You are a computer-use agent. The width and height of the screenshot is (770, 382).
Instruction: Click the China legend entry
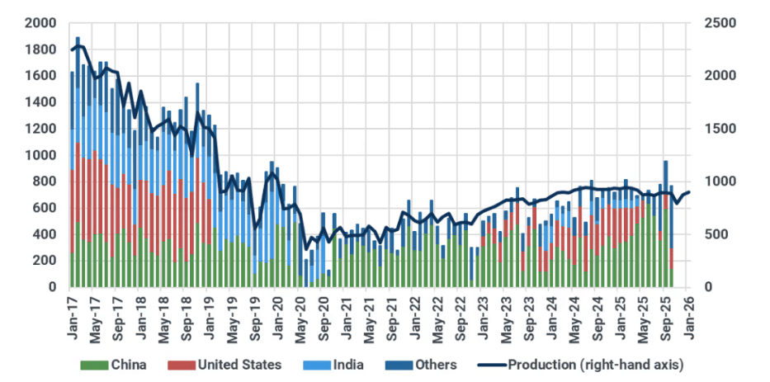pos(128,364)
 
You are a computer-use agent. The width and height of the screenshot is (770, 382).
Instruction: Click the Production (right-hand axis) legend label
pos(595,364)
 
